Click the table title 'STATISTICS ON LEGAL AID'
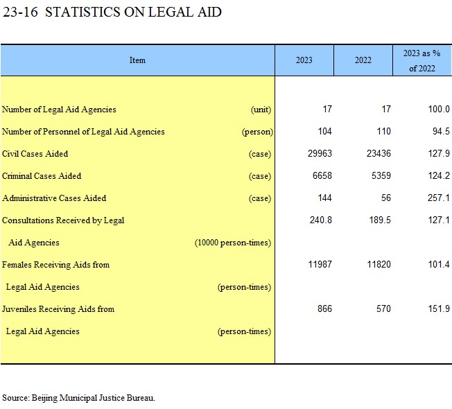133,12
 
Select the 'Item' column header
137,60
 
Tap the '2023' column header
304,60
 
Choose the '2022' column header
363,60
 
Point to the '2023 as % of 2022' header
422,61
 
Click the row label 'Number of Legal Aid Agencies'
59,110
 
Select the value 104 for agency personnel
324,132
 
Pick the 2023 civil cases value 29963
320,153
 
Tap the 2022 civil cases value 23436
379,153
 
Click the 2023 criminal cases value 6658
322,175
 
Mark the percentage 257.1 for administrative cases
439,198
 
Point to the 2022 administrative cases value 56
386,198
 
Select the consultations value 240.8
321,220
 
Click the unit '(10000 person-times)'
233,243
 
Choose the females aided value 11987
320,264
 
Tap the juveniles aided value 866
324,308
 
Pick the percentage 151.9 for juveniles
439,308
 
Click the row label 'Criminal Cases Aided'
42,176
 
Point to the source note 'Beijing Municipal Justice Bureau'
93,398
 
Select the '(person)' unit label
257,132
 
